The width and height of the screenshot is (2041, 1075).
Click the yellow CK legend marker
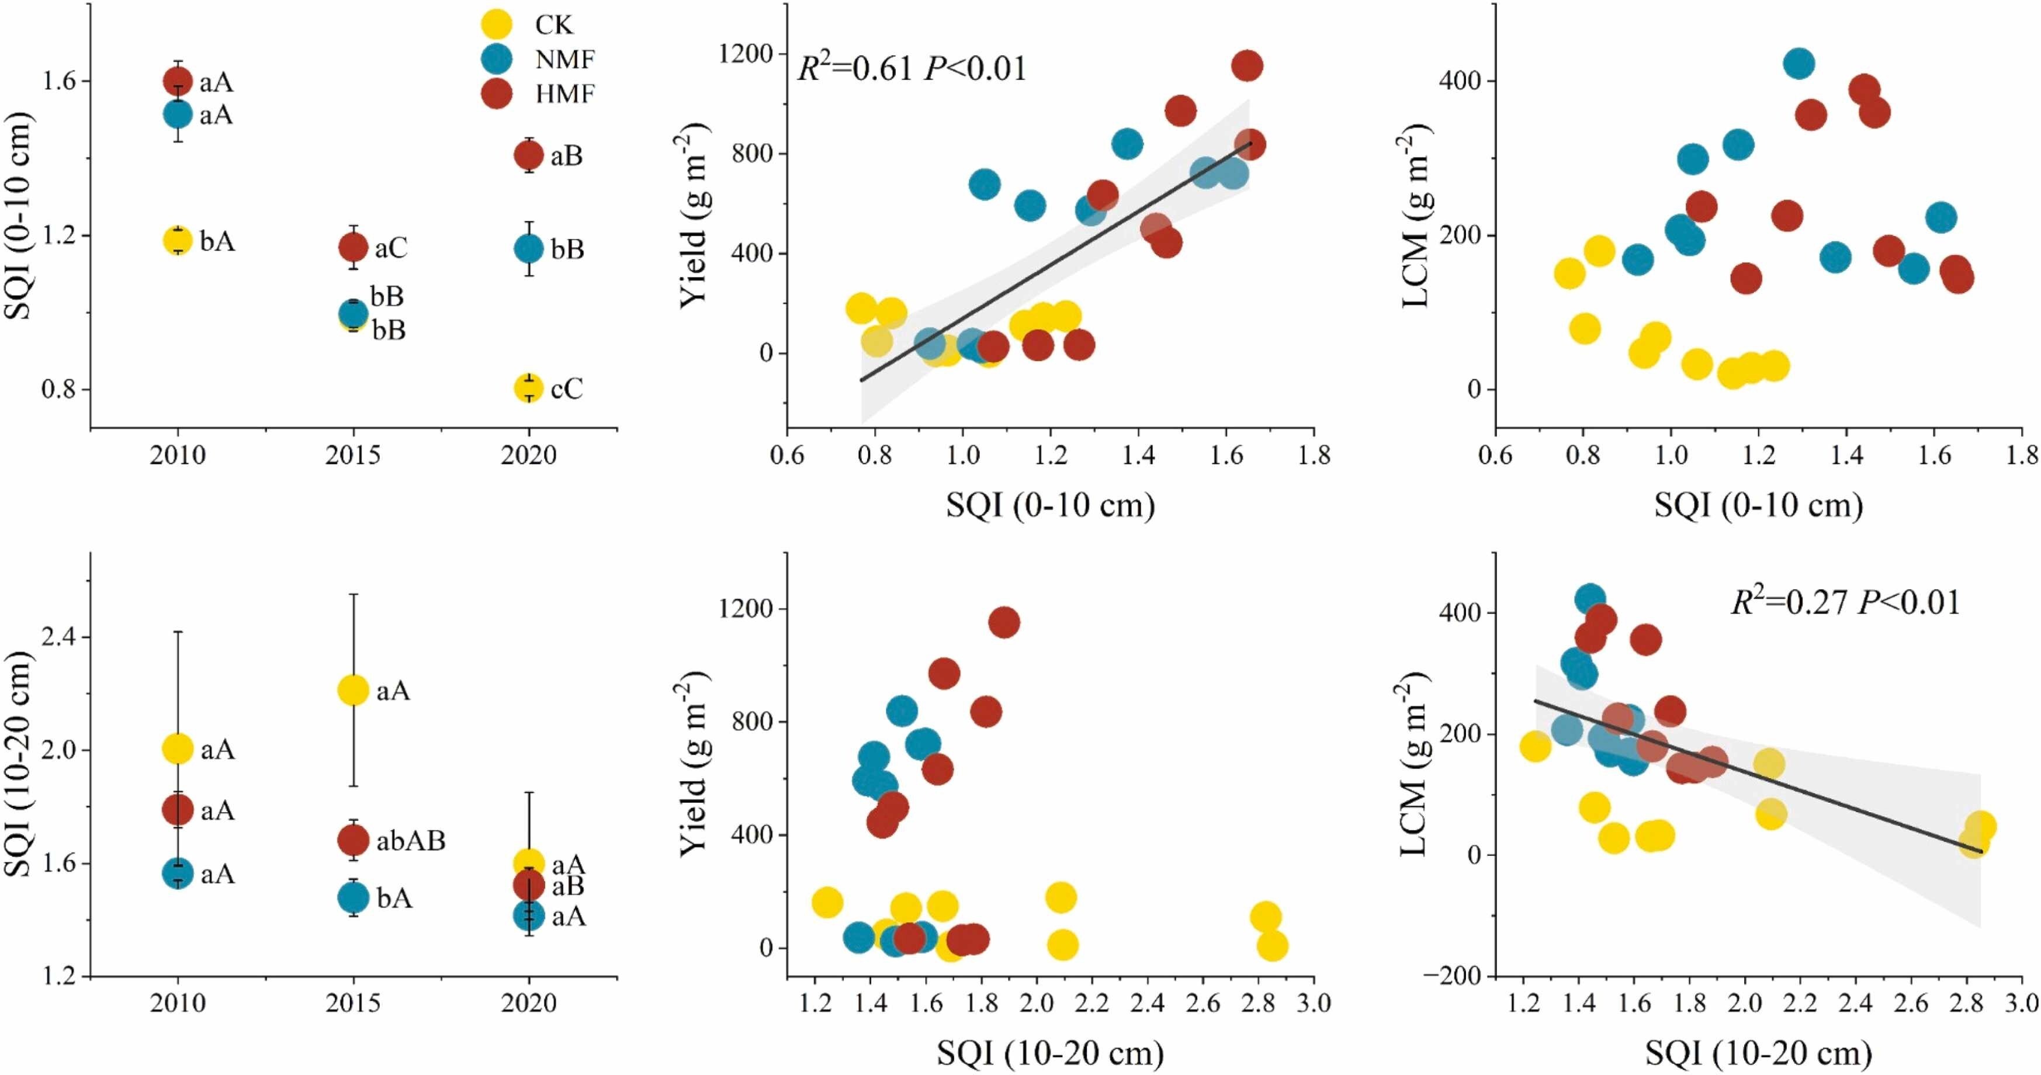tap(497, 24)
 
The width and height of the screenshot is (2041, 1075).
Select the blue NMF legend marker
tap(497, 58)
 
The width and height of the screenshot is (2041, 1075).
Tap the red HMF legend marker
tap(497, 93)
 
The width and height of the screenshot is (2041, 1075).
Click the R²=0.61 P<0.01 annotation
tap(911, 68)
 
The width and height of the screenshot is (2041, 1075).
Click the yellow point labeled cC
tap(528, 388)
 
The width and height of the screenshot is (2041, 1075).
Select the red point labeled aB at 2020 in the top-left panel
tap(528, 155)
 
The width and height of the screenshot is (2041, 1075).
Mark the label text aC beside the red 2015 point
tap(390, 249)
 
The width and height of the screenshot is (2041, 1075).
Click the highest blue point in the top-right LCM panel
tap(1799, 63)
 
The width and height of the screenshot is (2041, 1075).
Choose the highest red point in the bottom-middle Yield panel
tap(1004, 623)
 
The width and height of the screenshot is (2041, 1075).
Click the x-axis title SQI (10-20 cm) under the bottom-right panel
tap(1758, 1053)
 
